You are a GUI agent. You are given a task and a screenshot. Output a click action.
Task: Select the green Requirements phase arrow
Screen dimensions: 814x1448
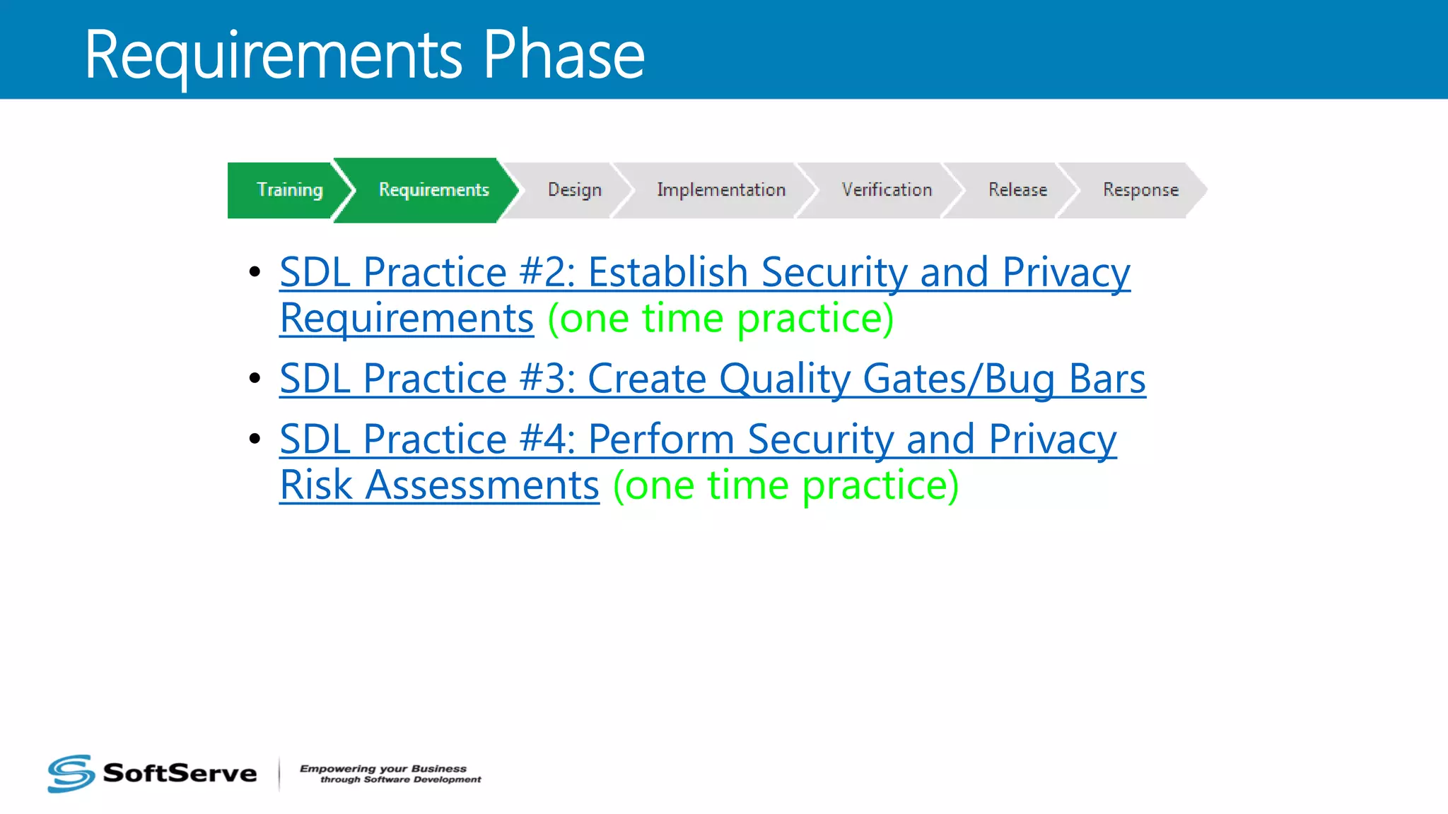point(433,190)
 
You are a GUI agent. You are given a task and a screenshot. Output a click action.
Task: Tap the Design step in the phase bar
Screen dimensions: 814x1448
point(574,190)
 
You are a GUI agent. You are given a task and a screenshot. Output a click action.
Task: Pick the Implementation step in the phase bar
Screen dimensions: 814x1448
point(720,190)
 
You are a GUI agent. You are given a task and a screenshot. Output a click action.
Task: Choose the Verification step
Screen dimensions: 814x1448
point(887,190)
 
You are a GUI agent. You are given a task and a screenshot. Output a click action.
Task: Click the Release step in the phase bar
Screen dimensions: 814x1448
point(1017,190)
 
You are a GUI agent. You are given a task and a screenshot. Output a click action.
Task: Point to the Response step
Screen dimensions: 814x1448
point(1140,190)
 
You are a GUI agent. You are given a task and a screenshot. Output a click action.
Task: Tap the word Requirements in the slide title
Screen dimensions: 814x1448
point(273,57)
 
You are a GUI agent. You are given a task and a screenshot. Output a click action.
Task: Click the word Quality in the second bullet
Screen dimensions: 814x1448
point(785,380)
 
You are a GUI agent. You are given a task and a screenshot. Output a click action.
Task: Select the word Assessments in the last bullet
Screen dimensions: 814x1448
point(481,485)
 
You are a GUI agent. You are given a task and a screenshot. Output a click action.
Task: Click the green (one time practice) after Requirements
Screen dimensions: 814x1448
point(720,319)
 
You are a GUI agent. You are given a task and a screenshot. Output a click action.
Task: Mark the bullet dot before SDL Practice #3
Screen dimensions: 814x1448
point(255,379)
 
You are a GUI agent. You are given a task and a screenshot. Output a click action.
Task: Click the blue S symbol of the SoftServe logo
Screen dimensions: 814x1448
point(71,773)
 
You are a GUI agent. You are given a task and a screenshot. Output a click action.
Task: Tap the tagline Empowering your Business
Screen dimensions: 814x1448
point(383,768)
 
